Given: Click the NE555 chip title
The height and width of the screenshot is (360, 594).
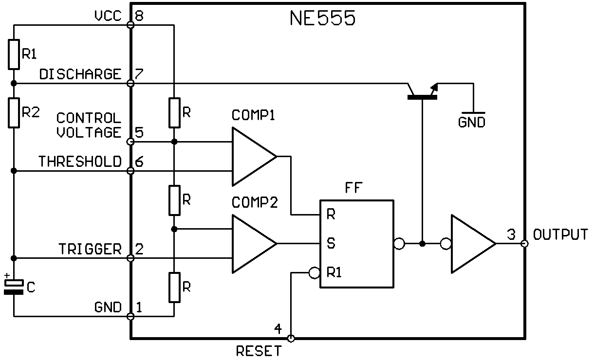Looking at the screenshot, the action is tap(322, 18).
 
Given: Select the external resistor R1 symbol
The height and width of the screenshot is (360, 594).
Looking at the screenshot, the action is tap(14, 54).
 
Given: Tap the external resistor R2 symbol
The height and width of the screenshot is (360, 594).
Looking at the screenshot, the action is tap(14, 113).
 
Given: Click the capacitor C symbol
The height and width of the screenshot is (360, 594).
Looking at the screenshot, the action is tap(14, 287).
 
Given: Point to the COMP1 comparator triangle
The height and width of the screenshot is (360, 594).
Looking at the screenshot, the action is tap(254, 157).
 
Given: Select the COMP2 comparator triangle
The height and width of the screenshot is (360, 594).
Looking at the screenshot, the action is tap(254, 244).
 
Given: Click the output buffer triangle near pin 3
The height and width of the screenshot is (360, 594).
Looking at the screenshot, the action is tap(473, 244).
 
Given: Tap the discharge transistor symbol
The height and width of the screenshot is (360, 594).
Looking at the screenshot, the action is tap(422, 92).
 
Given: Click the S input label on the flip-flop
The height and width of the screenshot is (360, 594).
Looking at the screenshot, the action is tap(331, 243).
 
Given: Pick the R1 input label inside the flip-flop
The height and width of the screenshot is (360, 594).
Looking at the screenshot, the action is tap(334, 272).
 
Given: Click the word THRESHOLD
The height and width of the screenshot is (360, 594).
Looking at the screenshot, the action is tap(80, 162).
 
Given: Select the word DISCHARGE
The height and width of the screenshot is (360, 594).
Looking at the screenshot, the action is tap(80, 74).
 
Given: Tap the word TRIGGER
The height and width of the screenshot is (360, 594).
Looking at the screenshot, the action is tap(90, 249).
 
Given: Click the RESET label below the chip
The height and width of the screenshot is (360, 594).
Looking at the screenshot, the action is tap(259, 351).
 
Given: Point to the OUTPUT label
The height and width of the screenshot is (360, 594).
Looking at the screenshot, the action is tap(560, 234).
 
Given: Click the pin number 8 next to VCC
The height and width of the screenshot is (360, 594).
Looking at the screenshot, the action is tap(139, 16).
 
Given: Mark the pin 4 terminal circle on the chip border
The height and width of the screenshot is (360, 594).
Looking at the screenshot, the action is tap(291, 338).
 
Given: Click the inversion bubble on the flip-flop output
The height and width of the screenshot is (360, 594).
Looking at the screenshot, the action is tap(399, 244).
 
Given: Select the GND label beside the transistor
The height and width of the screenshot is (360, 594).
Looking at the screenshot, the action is tap(472, 123).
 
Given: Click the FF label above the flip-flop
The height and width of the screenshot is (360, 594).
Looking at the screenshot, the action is tap(353, 188).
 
